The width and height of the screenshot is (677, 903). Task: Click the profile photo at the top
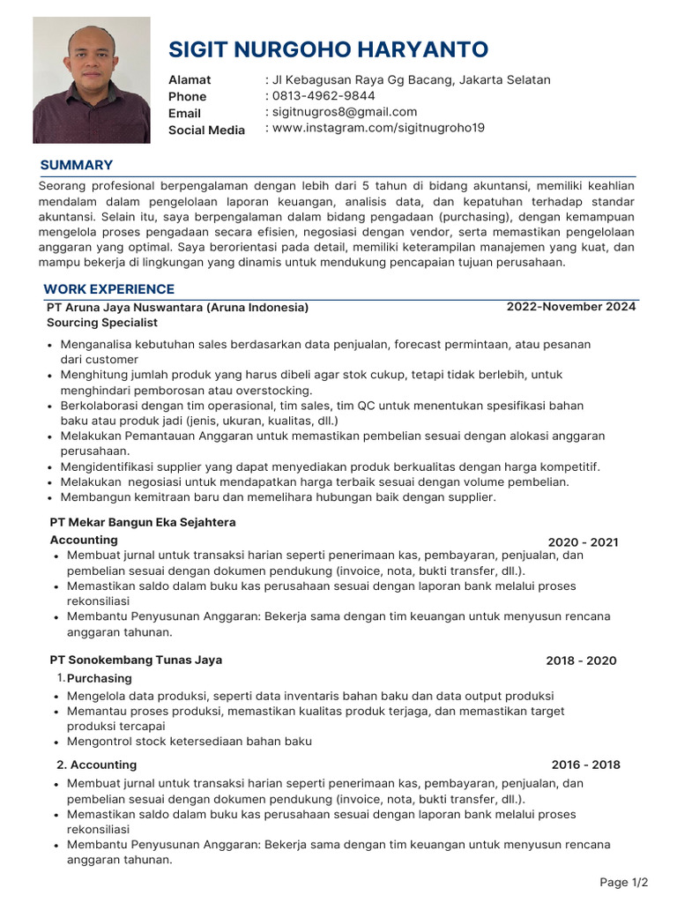click(x=92, y=80)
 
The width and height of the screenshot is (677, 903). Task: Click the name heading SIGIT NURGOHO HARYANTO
click(x=328, y=49)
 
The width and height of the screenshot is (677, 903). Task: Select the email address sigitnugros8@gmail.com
click(x=343, y=112)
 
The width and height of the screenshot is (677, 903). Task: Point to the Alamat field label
click(x=190, y=80)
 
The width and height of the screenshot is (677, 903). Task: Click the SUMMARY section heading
click(x=77, y=165)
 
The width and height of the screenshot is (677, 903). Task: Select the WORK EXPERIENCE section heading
click(x=109, y=289)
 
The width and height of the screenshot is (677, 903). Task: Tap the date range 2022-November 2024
click(x=570, y=307)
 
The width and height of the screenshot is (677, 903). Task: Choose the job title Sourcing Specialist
click(x=102, y=323)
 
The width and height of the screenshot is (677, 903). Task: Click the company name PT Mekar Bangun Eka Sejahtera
click(x=143, y=523)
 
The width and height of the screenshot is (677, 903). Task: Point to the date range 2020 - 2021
click(x=583, y=542)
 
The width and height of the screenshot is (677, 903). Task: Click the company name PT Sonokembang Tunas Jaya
click(x=136, y=660)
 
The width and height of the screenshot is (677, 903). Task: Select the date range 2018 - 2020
click(x=581, y=660)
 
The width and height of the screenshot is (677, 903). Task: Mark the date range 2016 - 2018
click(x=585, y=765)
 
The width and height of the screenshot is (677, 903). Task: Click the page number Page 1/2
click(x=623, y=882)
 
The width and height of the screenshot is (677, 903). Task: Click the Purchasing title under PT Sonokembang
click(x=100, y=678)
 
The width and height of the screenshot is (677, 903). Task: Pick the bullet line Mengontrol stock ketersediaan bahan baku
click(x=190, y=742)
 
